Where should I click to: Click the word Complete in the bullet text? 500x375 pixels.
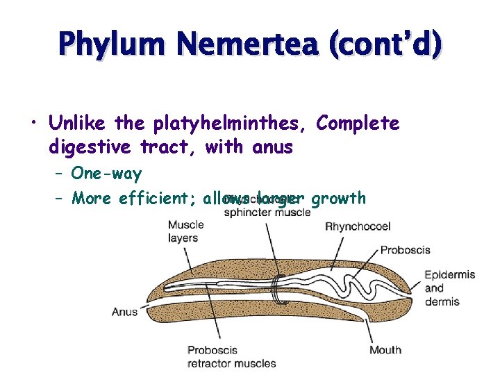pos(358,124)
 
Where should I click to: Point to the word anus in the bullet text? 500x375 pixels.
pos(273,147)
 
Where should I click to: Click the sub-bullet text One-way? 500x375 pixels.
pos(106,174)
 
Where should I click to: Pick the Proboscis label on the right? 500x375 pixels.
pos(406,250)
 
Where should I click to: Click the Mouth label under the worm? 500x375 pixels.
pos(385,349)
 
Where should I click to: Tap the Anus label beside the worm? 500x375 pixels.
pos(125,312)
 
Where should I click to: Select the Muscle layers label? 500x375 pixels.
pos(185,231)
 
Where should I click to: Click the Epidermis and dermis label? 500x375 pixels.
pos(449,287)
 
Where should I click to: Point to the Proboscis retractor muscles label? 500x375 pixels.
pos(231,356)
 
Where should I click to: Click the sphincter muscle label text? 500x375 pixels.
pos(267,212)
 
